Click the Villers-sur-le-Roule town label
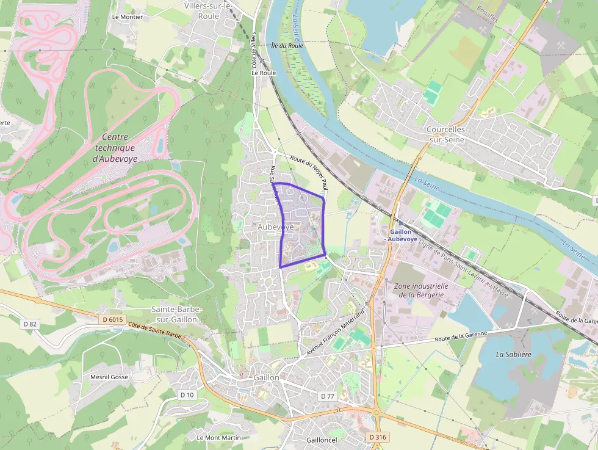coord(209,11)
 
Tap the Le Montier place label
coord(128,17)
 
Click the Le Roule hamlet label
coord(264,73)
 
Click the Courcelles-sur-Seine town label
coord(446,134)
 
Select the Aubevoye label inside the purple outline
coord(276,227)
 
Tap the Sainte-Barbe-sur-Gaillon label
coord(176,314)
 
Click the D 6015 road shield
coord(112,319)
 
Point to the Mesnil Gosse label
coord(109,377)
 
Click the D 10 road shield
coord(187,395)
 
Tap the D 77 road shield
coord(328,396)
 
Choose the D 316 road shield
coord(378,437)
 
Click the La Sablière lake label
coord(513,354)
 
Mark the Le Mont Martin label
coord(218,437)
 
